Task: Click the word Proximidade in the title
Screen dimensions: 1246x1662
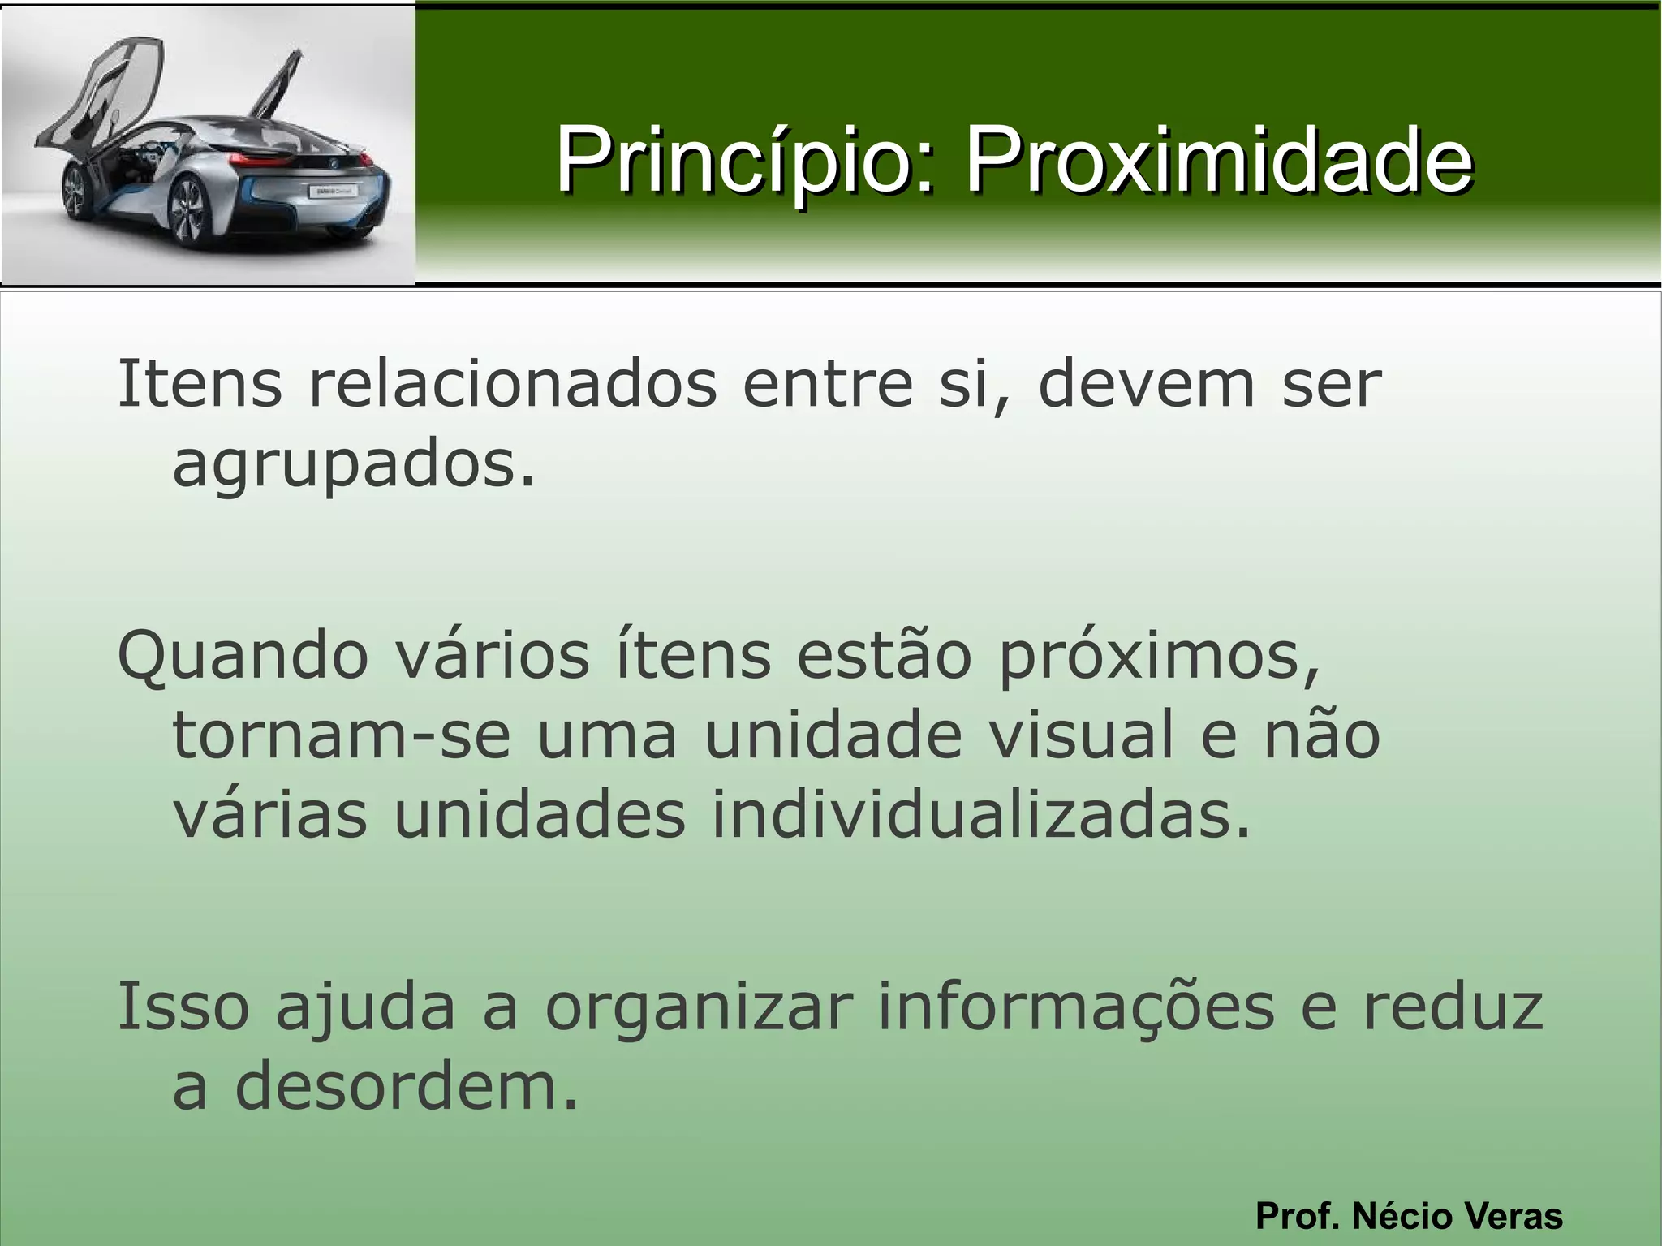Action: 1217,160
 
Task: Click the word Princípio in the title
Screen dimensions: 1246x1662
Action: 738,160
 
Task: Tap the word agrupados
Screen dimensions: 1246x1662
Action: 354,466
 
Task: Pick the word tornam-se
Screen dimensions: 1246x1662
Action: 342,735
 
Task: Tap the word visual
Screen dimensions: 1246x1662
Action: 1080,735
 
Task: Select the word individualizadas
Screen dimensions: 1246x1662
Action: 982,815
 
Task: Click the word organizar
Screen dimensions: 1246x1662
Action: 698,1007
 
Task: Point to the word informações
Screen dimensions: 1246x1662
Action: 1076,1007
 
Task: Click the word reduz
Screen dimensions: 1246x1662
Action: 1453,1007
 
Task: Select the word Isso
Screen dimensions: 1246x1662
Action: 183,1007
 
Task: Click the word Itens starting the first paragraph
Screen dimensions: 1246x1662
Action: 200,384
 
